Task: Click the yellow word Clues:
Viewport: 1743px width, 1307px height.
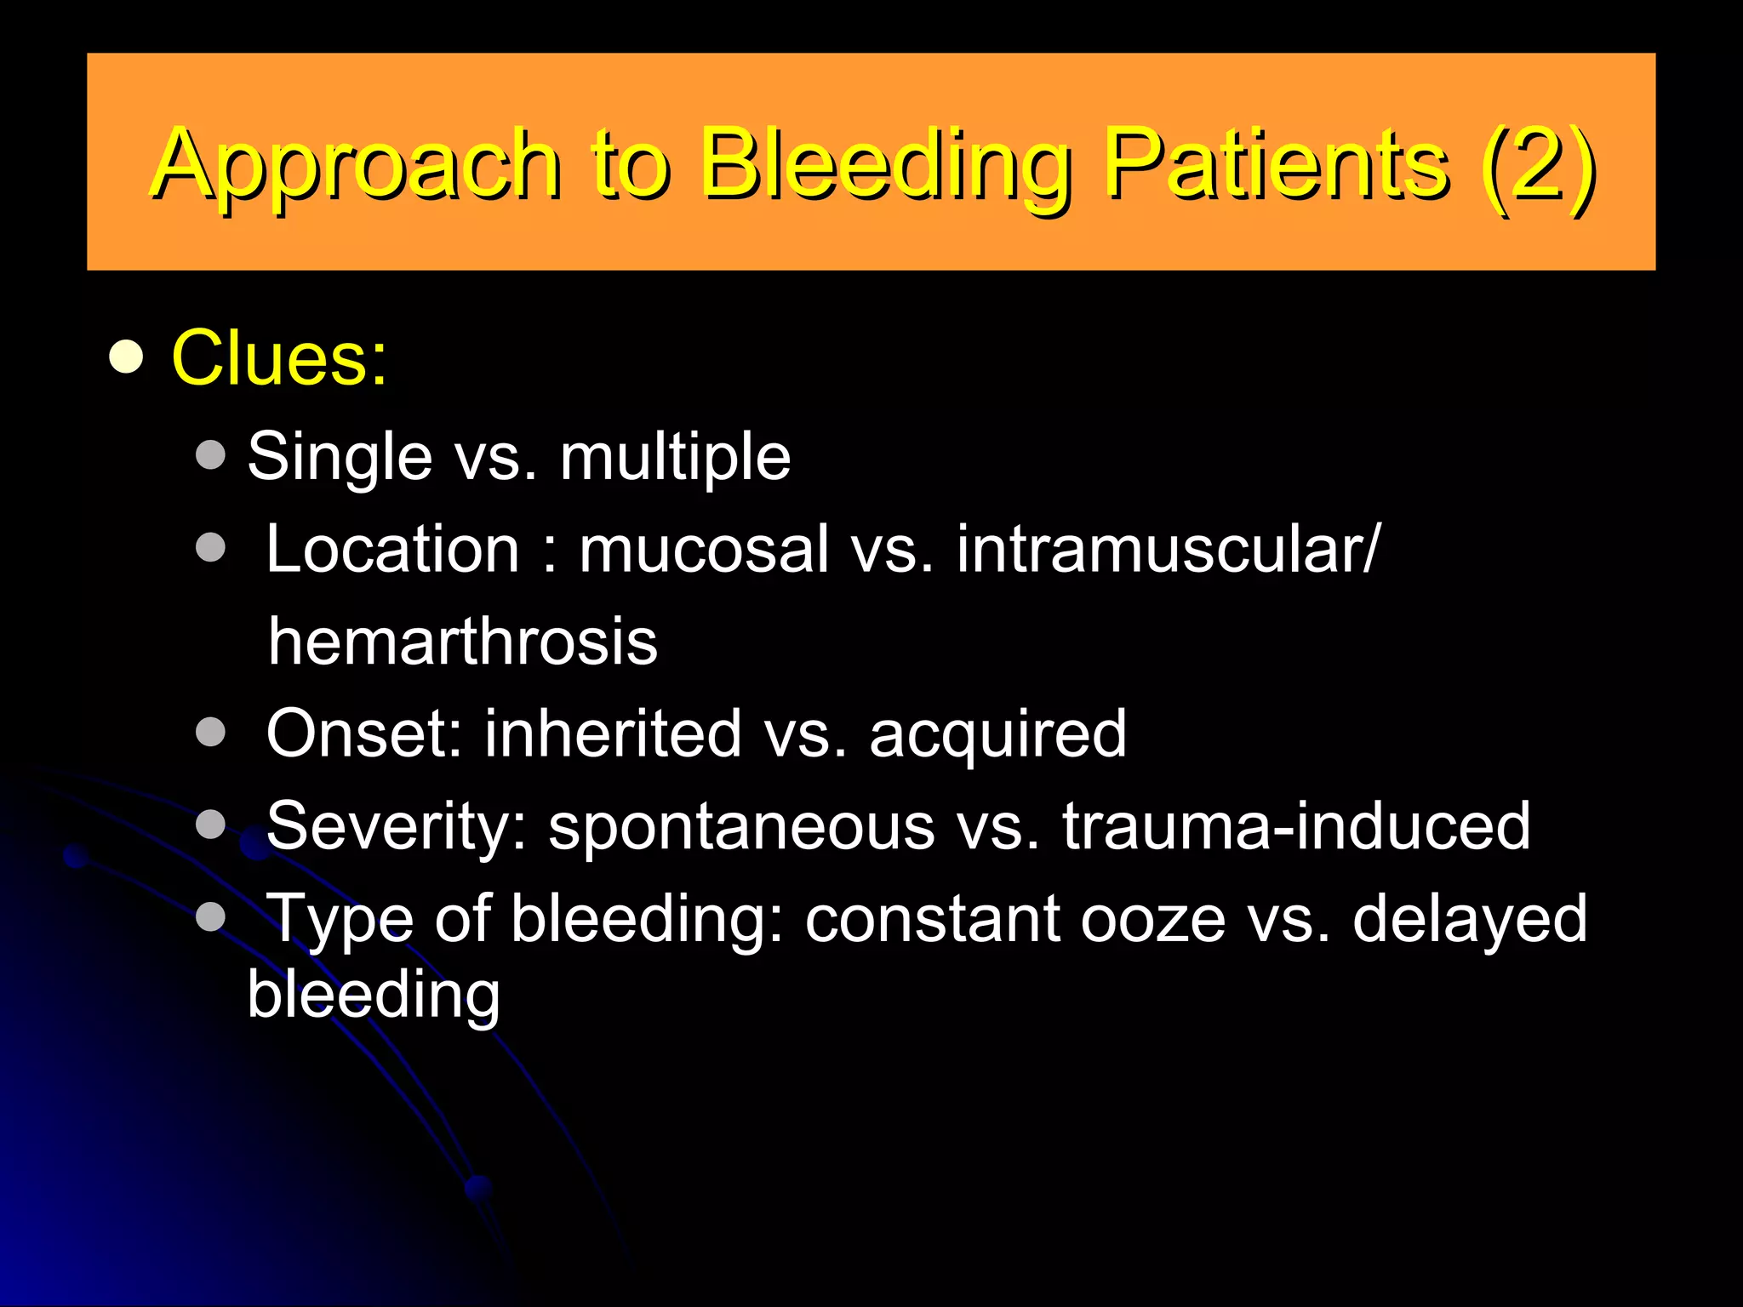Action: [x=279, y=358]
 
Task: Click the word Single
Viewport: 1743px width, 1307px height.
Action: [x=340, y=458]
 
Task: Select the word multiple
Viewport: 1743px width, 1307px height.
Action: [x=675, y=458]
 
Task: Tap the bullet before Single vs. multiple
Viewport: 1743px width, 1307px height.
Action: [x=210, y=454]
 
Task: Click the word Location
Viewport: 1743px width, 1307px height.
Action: [x=392, y=549]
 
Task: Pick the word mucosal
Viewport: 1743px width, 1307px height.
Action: [x=704, y=549]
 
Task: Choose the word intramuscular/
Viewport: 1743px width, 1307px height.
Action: [x=1167, y=549]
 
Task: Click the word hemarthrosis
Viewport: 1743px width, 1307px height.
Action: [x=462, y=641]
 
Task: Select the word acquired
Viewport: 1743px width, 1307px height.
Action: [x=997, y=734]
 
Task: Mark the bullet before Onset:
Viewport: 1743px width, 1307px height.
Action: [x=210, y=732]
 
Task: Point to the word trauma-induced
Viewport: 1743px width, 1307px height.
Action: [x=1296, y=825]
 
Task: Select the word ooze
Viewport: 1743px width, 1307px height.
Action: [x=1152, y=919]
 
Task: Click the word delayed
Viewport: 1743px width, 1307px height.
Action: [x=1470, y=919]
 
